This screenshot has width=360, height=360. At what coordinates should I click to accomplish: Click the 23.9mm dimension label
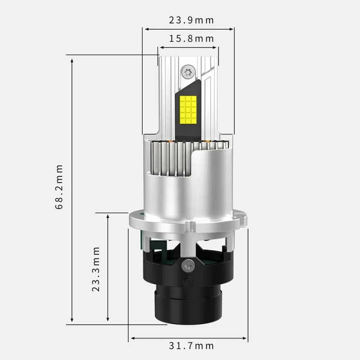pos(191,20)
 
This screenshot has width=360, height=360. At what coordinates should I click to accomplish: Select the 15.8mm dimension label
pos(191,39)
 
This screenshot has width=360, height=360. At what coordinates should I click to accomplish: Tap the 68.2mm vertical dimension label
pos(59,187)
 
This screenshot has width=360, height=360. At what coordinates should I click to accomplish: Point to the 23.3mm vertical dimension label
pos(96,269)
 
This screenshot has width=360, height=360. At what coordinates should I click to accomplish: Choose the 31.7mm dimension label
pos(191,346)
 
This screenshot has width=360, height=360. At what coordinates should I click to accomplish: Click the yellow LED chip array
pos(188,109)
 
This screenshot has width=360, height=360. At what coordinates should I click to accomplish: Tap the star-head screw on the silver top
pos(188,72)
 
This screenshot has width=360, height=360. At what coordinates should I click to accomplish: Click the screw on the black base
pos(188,266)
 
